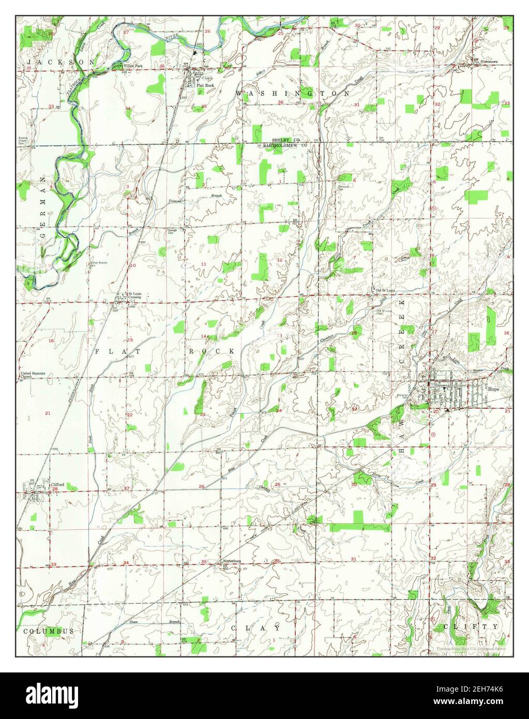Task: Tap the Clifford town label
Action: point(57,484)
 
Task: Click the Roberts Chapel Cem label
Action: point(24,141)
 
